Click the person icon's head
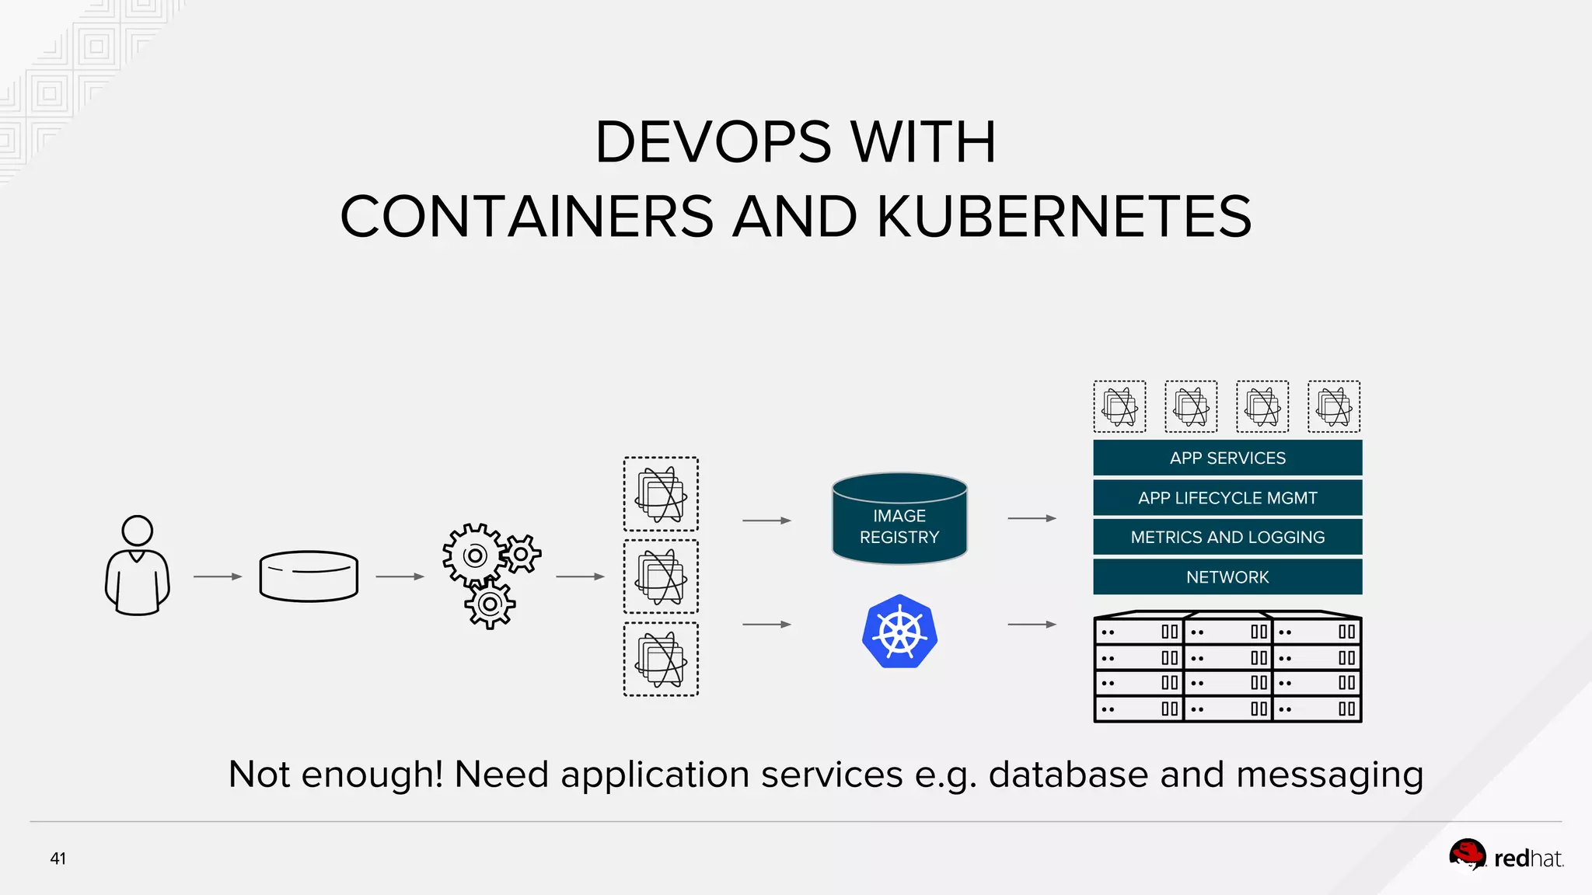(138, 531)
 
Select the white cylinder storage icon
(309, 576)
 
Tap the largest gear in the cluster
(474, 555)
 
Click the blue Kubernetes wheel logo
(899, 632)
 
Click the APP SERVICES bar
(1227, 458)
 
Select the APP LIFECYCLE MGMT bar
(1227, 497)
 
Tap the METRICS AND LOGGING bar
(1227, 537)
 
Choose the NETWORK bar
(1227, 576)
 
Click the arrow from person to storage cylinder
(218, 576)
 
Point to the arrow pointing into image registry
(766, 521)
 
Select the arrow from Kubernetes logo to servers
(1032, 624)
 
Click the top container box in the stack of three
(661, 494)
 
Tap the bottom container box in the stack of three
(661, 659)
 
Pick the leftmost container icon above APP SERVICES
(1119, 406)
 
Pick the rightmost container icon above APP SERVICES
(1334, 406)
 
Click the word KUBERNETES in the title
(1064, 217)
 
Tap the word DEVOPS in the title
(713, 142)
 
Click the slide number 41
(58, 858)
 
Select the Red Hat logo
(1506, 857)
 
